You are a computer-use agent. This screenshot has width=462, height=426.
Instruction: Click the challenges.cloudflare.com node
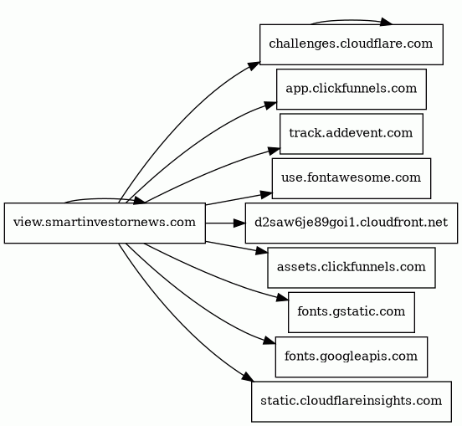point(352,44)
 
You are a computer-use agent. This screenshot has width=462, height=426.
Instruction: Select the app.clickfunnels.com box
point(352,90)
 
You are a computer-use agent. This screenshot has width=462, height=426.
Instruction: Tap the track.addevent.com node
point(352,134)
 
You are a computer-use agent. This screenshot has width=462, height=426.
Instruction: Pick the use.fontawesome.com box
point(352,178)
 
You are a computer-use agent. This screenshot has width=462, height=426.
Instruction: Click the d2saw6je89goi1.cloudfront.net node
point(352,223)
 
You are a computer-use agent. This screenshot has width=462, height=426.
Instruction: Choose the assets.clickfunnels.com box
point(352,268)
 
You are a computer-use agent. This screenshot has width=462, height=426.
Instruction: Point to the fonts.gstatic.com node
point(352,312)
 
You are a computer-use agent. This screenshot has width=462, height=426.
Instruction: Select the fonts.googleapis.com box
point(352,357)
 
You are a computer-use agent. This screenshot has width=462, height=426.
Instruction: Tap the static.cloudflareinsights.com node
point(352,402)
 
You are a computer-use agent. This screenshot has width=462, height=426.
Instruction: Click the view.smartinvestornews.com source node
point(105,223)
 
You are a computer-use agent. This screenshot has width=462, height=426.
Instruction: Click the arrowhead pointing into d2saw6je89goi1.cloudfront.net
point(239,223)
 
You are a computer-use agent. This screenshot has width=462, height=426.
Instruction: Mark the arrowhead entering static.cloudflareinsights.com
point(248,377)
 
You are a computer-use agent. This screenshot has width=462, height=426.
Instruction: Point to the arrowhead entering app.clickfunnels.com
point(270,105)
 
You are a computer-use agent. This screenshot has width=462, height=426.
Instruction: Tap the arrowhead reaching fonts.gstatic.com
point(282,298)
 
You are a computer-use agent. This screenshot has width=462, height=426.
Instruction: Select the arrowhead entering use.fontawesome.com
point(266,194)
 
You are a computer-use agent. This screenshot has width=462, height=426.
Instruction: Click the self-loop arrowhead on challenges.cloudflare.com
point(386,22)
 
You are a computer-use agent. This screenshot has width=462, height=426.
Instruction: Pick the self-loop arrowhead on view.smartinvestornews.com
point(139,201)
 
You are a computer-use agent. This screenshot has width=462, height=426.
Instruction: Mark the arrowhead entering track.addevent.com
point(274,151)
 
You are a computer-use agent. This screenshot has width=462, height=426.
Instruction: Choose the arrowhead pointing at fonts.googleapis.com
point(269,341)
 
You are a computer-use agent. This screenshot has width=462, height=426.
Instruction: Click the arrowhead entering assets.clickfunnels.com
point(262,251)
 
